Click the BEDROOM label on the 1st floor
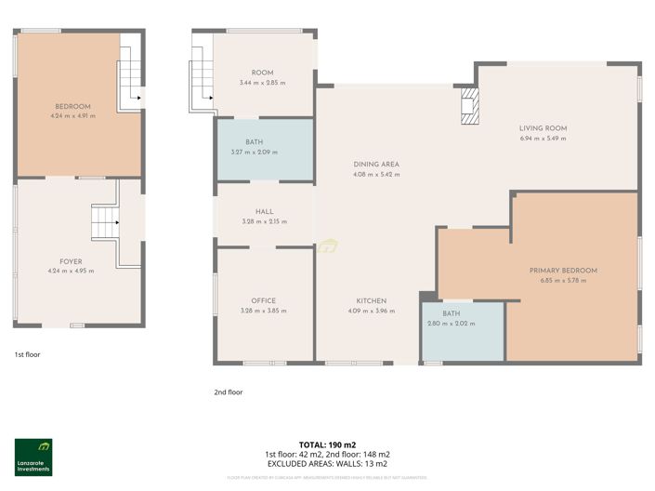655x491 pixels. coord(72,106)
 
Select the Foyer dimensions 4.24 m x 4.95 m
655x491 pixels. coord(72,271)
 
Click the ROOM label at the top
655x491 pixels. coord(262,73)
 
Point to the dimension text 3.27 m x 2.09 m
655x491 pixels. coord(254,152)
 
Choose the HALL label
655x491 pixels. coord(264,211)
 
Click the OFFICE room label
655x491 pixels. coord(264,300)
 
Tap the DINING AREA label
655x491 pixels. coord(375,164)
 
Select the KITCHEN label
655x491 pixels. coord(371,300)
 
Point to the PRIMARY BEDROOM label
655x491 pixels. coord(563,271)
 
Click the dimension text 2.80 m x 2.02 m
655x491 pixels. coord(452,324)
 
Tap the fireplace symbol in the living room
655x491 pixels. coord(471,106)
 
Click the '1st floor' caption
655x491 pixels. coord(27,354)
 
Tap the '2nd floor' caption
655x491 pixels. coord(228,392)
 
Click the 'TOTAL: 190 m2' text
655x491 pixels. coord(327,445)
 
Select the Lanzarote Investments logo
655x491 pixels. coord(33,457)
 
